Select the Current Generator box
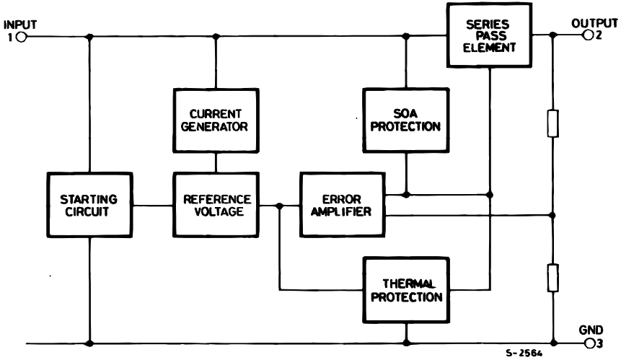216,120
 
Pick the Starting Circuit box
89,206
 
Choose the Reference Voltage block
216,205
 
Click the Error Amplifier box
343,205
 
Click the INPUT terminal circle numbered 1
20,37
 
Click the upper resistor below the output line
552,123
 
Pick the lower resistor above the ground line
552,277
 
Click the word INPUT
19,25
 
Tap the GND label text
591,330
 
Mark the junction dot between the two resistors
552,215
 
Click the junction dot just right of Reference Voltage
280,206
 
